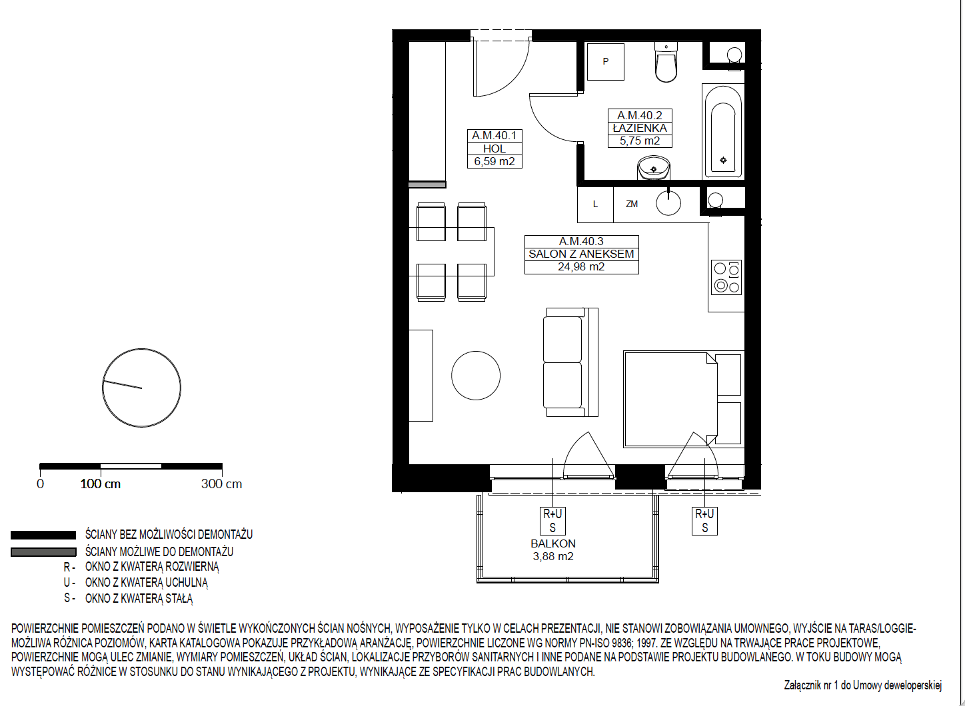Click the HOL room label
pos(494,149)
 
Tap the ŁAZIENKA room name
pos(640,128)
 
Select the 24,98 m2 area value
pos(581,267)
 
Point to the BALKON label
pos(553,543)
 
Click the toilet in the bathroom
pos(666,61)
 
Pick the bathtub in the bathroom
pos(723,131)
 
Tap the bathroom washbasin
pos(654,169)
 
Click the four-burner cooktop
pos(726,277)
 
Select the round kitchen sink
pos(668,203)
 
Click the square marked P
pos(605,61)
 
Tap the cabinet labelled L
pos(595,204)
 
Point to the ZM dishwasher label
pos(632,204)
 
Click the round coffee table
pos(476,376)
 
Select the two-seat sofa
pos(570,362)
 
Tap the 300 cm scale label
pos(221,484)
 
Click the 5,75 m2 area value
pos(640,141)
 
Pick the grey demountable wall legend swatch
pos(43,552)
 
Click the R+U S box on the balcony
pos(552,521)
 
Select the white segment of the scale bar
pos(131,466)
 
